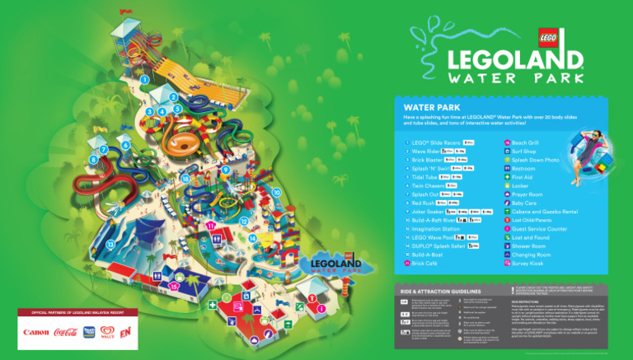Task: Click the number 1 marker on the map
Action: (x=144, y=80)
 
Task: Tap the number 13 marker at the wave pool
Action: (x=110, y=245)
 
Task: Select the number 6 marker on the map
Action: (x=124, y=146)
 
